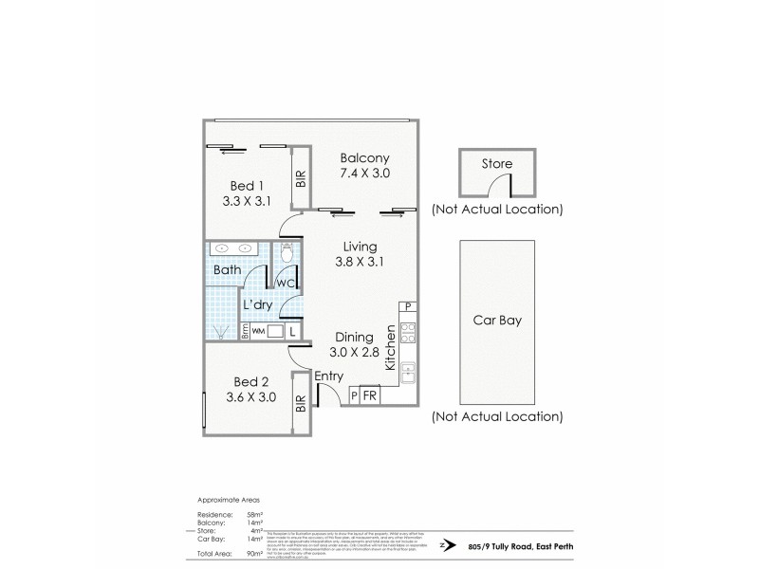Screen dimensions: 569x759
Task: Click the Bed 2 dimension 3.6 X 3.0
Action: point(250,397)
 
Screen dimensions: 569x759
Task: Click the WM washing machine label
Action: point(258,332)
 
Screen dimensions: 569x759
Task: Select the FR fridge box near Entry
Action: point(370,395)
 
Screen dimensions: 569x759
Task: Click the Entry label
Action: point(328,377)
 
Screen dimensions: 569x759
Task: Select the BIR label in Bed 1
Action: point(301,176)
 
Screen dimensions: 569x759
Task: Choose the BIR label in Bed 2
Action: point(301,403)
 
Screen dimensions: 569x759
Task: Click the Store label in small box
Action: point(497,164)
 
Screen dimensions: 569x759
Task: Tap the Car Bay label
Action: point(497,321)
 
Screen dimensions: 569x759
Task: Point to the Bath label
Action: point(227,271)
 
